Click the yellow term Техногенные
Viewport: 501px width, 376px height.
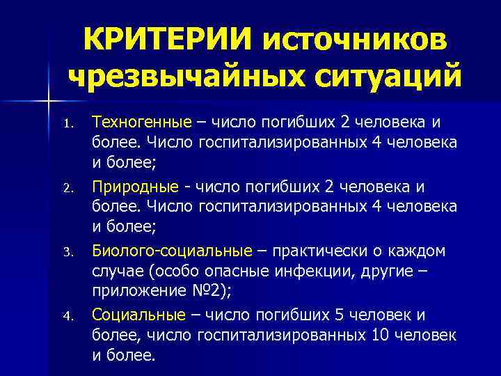[141, 123]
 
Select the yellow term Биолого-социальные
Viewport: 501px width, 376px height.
[172, 251]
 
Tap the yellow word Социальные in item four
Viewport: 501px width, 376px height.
[138, 314]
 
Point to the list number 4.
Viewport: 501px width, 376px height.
[66, 316]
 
